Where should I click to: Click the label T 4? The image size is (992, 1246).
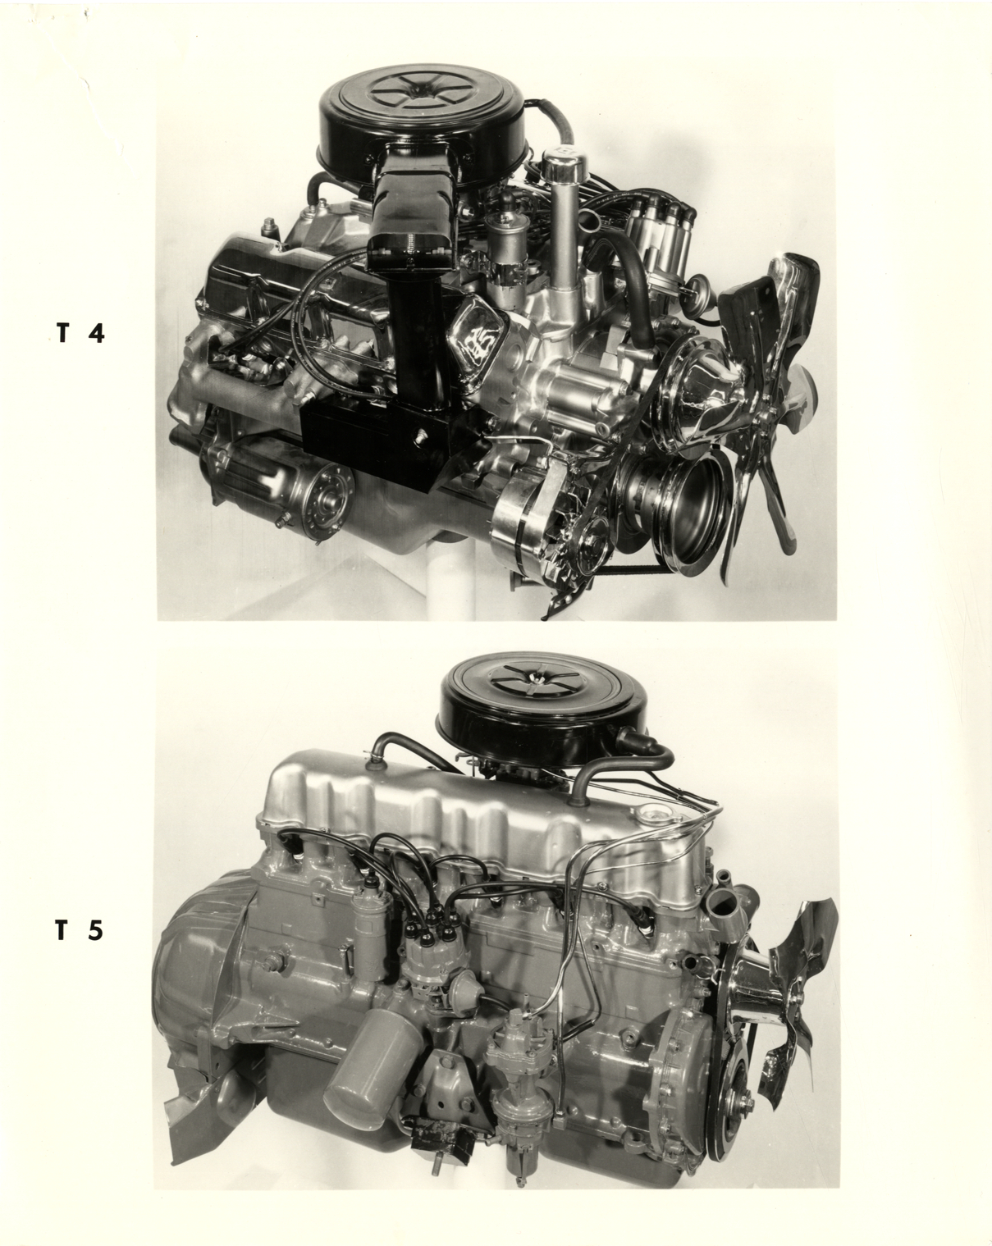point(80,334)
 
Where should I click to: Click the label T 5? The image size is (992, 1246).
point(80,930)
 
